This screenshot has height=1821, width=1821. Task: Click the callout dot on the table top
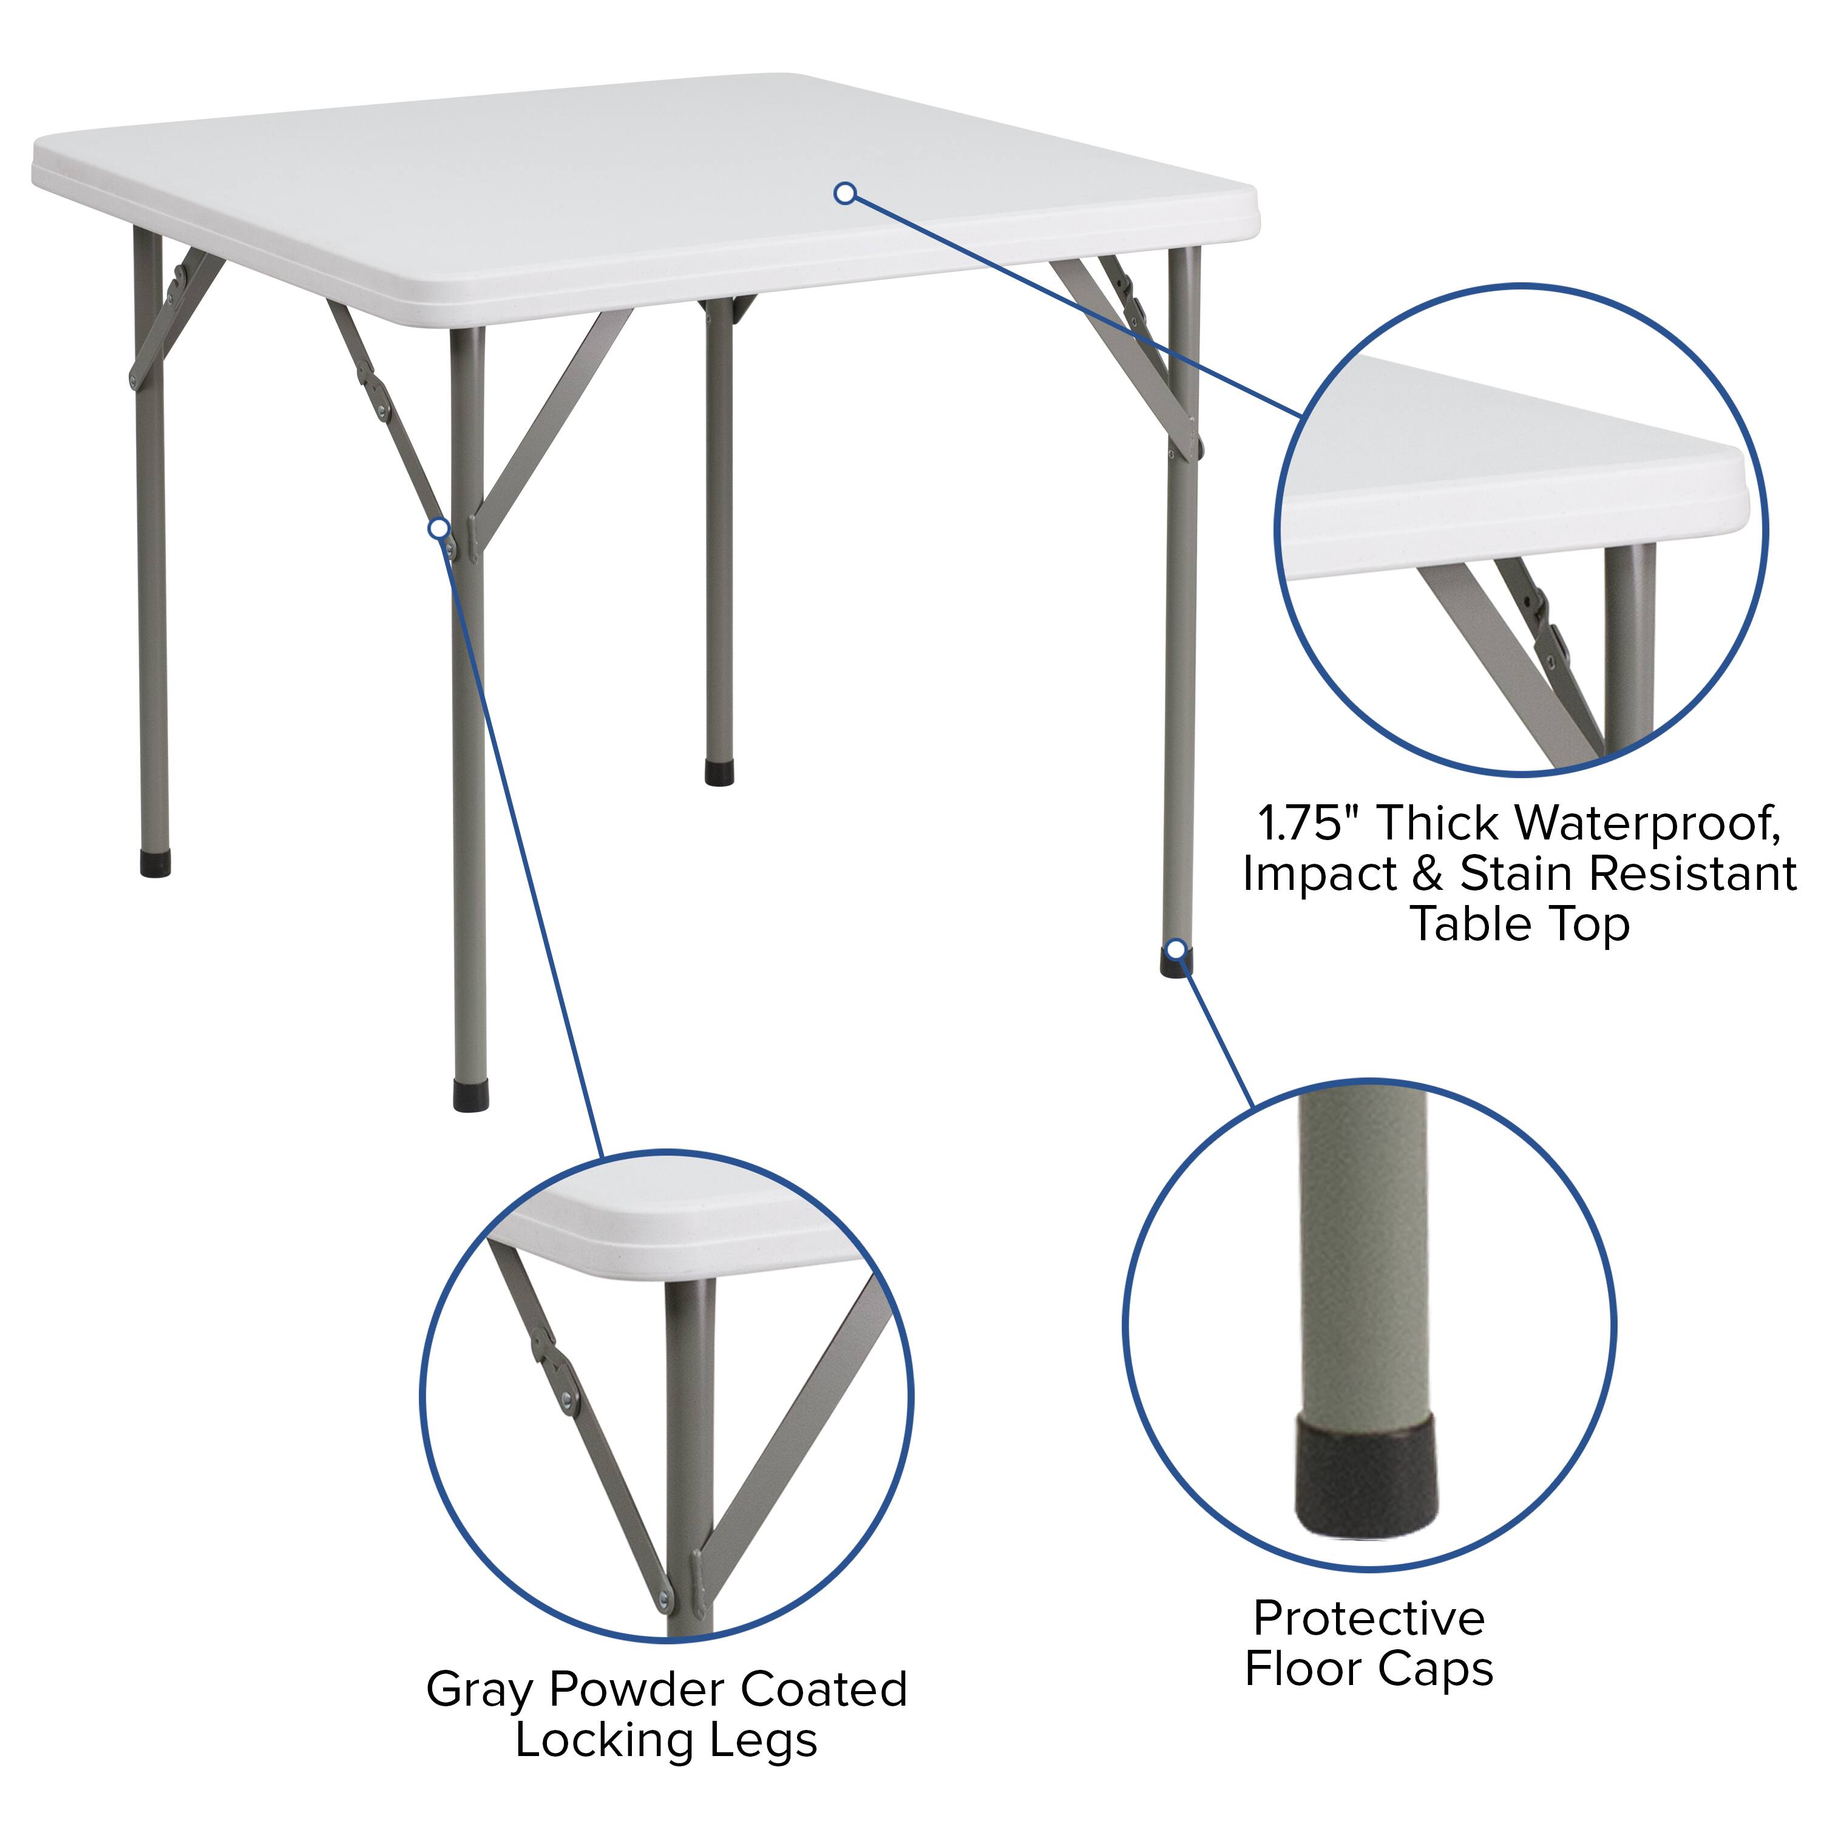846,193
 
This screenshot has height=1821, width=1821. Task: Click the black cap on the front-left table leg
470,1096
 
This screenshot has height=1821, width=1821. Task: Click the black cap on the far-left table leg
155,864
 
